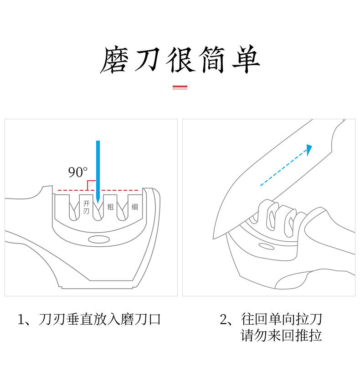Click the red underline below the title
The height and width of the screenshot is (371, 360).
(x=180, y=86)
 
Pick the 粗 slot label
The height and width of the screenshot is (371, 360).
(x=110, y=207)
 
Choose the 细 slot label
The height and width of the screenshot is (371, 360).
(x=134, y=207)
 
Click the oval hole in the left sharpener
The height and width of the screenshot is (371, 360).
(x=98, y=239)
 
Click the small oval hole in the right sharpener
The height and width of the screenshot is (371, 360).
(x=267, y=247)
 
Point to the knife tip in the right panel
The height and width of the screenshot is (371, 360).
(x=215, y=237)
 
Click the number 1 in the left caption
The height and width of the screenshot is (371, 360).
(x=21, y=320)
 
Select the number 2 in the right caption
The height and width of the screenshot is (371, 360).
(x=223, y=320)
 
